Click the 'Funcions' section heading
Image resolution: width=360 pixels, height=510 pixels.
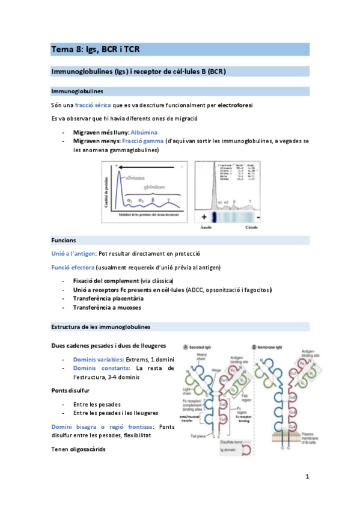64,239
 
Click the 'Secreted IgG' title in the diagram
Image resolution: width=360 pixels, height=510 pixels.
204,347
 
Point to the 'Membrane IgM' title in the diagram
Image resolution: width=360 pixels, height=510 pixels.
280,347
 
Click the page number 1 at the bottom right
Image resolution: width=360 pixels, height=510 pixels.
307,477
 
